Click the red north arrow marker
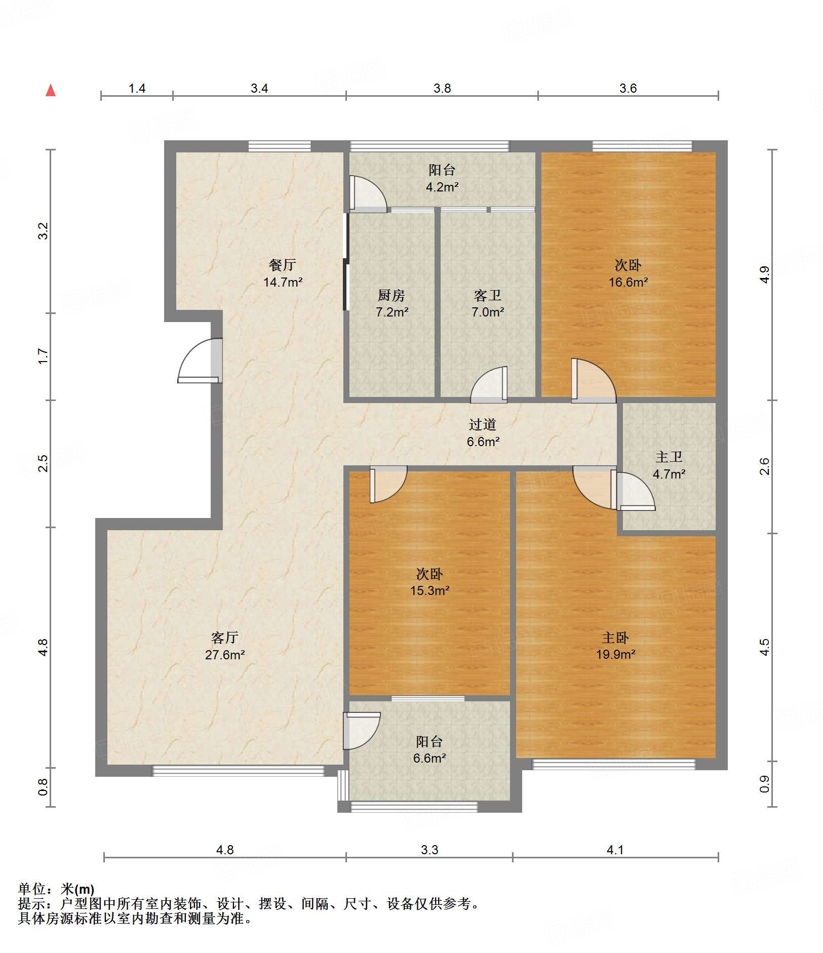pyautogui.click(x=51, y=90)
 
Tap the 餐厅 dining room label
pyautogui.click(x=283, y=264)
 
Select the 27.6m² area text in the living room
pyautogui.click(x=225, y=655)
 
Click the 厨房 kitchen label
pyautogui.click(x=391, y=295)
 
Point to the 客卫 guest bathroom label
pyautogui.click(x=487, y=295)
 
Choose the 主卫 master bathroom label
pyautogui.click(x=669, y=457)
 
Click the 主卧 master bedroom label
pyautogui.click(x=615, y=638)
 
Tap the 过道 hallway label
pyautogui.click(x=482, y=424)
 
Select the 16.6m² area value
pyautogui.click(x=628, y=282)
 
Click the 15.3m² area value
pyautogui.click(x=430, y=590)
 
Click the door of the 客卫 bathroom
pyautogui.click(x=489, y=385)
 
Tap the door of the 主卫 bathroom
pyautogui.click(x=633, y=491)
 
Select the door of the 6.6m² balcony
pyautogui.click(x=362, y=731)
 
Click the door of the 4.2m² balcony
pyautogui.click(x=368, y=194)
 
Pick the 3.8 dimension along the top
pyautogui.click(x=442, y=88)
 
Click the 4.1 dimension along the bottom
pyautogui.click(x=615, y=850)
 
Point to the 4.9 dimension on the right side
pyautogui.click(x=764, y=274)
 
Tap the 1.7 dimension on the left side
pyautogui.click(x=43, y=356)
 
